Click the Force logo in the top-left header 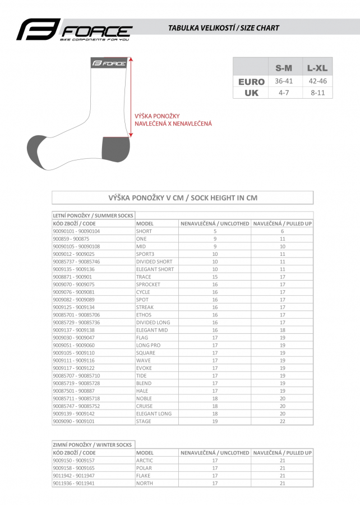point(74,30)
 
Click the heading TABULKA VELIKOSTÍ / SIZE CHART point(224,27)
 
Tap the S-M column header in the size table point(284,68)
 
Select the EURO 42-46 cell point(317,81)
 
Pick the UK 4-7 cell point(284,93)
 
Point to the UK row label point(251,93)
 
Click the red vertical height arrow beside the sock point(131,97)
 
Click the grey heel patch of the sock point(115,148)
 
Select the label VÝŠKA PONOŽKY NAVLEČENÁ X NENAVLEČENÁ point(173,120)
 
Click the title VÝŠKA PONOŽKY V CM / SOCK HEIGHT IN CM point(183,198)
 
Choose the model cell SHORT point(144,231)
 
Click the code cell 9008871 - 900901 point(72,277)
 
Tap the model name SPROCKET point(148,284)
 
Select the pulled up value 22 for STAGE point(283,421)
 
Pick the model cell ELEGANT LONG point(154,414)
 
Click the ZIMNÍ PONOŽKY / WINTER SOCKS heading point(93,445)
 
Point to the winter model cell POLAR point(144,467)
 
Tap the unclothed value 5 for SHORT point(215,231)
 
